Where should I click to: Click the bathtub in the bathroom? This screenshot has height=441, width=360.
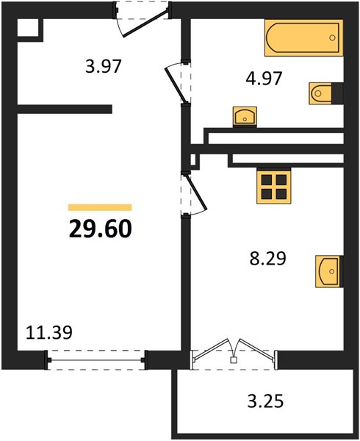pos(303,37)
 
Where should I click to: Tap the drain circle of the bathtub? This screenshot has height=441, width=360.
pos(333,37)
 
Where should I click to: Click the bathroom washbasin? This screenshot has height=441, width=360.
pos(245,116)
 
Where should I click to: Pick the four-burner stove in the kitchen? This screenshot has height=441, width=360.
pos(273,187)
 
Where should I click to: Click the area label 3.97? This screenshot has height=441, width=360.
pos(104,67)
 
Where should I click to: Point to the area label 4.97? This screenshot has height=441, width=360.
pos(264,79)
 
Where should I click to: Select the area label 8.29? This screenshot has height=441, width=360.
pos(268,259)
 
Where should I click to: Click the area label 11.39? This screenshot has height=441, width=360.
pos(49,332)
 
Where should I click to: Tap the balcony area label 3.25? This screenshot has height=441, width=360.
pos(265,401)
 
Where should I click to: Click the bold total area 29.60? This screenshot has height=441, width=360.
pos(101,229)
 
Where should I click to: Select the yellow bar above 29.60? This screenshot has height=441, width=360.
pos(100,207)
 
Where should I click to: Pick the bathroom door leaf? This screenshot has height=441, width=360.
pos(175,85)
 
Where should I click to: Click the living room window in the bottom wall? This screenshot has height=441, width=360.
pos(96,360)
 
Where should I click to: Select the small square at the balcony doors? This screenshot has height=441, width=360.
pos(233,359)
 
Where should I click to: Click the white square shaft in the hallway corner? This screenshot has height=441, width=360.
pos(27,28)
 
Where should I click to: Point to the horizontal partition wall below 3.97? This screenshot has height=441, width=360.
pos(65,109)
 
